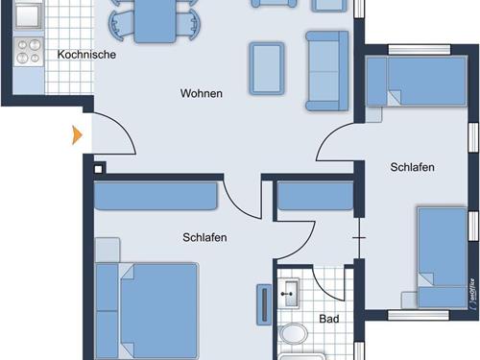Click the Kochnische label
86,55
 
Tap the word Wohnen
202,93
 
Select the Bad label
329,319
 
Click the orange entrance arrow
77,135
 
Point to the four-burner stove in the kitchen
29,52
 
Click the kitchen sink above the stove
28,15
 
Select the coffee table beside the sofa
267,68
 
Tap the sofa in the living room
327,71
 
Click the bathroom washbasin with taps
288,293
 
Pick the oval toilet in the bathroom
293,334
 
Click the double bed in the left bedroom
147,310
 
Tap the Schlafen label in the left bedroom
204,237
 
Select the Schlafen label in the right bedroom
412,167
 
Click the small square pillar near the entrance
99,169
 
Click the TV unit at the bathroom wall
264,304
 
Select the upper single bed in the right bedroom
416,82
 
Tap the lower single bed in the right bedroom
443,257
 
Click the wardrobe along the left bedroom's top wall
156,196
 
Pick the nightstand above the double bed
108,250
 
